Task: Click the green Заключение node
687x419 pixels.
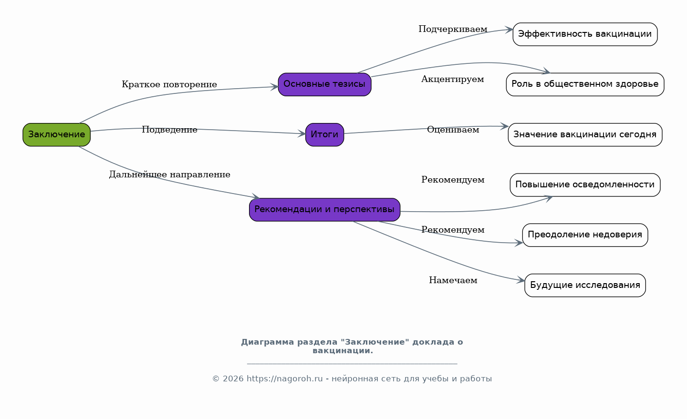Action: (56, 134)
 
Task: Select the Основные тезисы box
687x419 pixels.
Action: (324, 84)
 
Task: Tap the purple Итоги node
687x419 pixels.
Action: (324, 134)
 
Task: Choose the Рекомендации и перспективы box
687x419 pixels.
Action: (324, 209)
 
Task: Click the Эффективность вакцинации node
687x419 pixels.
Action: (585, 34)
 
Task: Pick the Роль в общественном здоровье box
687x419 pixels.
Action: (585, 84)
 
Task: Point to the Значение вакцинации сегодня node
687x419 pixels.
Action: (585, 134)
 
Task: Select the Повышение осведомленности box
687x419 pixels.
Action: (585, 185)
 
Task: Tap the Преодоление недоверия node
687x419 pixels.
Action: (585, 235)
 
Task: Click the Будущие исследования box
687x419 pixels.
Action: (585, 285)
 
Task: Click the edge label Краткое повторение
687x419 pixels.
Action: (169, 85)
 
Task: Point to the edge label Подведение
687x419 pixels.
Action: (169, 130)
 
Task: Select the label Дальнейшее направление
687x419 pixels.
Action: (169, 174)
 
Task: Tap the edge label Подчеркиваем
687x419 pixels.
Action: (453, 30)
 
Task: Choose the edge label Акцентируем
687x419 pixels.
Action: (452, 79)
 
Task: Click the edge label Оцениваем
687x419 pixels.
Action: (453, 130)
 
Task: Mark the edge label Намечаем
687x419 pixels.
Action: (453, 280)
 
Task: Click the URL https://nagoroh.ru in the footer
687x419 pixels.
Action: (284, 379)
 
